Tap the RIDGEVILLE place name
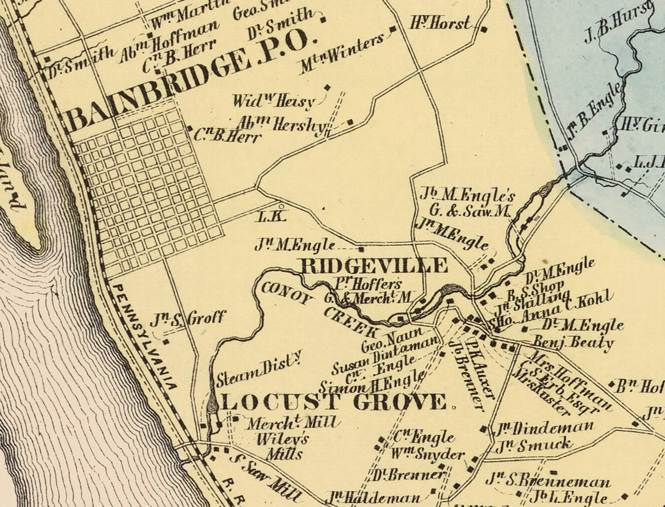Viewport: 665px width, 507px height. (x=374, y=266)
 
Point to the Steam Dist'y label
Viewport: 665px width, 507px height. (x=259, y=369)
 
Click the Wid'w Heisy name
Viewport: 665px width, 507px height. (x=274, y=101)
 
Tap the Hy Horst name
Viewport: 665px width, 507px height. (x=440, y=23)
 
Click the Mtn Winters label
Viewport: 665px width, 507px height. (x=341, y=54)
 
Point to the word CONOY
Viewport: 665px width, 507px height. (x=287, y=294)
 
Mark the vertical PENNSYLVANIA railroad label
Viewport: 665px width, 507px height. (x=145, y=336)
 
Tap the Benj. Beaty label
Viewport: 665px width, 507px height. (x=574, y=343)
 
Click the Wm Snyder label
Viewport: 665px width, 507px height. (x=427, y=455)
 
